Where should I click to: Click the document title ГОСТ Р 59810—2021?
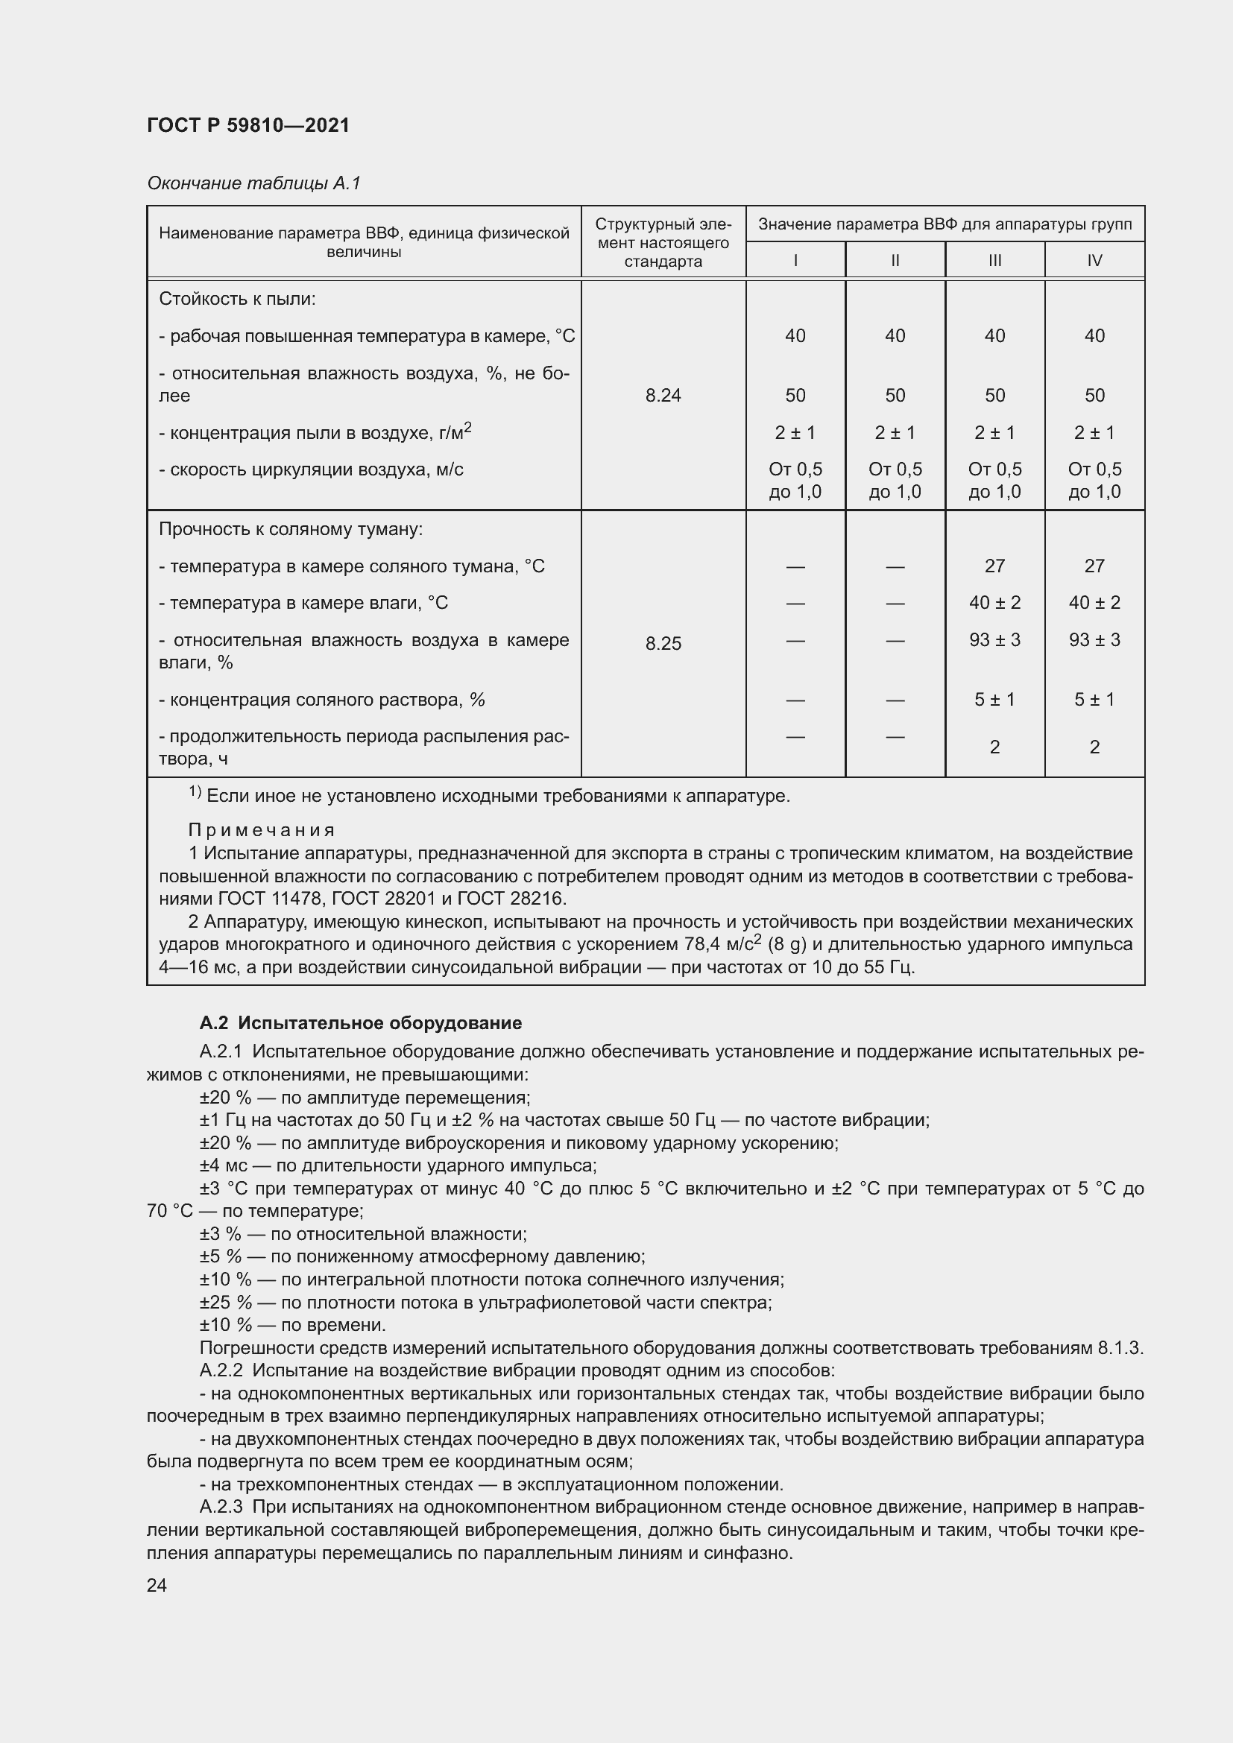point(248,125)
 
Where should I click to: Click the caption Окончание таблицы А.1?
point(253,183)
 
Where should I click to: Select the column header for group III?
point(994,260)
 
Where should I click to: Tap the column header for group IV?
point(1094,260)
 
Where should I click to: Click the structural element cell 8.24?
point(663,395)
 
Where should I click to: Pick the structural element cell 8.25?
point(663,643)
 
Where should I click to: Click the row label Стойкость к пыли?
point(237,299)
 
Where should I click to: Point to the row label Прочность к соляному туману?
point(290,529)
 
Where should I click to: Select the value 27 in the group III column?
point(994,566)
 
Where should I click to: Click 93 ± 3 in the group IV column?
point(1094,640)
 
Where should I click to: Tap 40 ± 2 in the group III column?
point(994,603)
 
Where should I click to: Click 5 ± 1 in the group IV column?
point(1094,699)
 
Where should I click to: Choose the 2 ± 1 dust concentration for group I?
point(795,433)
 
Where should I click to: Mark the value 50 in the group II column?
point(895,395)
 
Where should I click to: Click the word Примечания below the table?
point(262,830)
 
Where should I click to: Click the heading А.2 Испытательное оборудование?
point(361,1023)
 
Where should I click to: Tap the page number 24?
point(157,1585)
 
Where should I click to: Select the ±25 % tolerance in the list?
point(224,1303)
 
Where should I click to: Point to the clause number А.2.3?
point(221,1507)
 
